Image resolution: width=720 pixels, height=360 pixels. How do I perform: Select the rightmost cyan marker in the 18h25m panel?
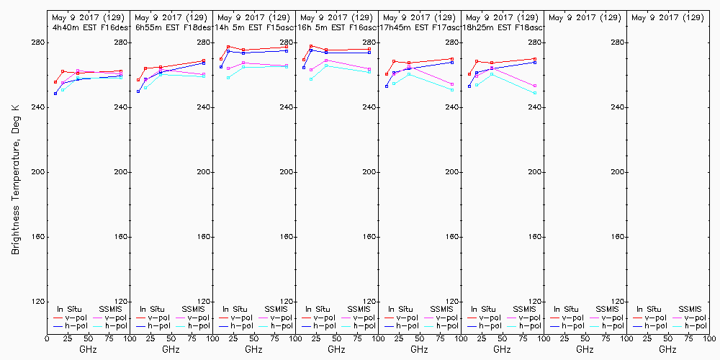coord(535,93)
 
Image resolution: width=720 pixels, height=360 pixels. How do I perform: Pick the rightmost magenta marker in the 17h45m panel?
coord(452,84)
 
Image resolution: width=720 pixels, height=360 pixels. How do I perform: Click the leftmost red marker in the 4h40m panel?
coord(55,82)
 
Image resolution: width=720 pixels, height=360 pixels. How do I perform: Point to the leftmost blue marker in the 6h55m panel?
coord(138,91)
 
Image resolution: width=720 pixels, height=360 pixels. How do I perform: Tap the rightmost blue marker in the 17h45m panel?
coord(452,63)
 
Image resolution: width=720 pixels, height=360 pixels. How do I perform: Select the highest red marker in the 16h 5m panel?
coord(311,46)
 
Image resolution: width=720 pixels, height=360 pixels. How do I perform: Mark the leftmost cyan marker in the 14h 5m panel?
coord(228,77)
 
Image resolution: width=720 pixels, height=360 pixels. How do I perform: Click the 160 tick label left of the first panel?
coord(37,237)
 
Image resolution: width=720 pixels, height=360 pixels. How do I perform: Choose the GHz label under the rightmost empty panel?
coord(667,350)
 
